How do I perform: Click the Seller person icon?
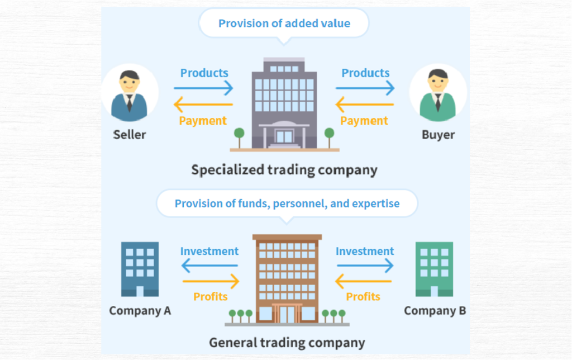tap(130, 94)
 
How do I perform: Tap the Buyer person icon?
tap(438, 94)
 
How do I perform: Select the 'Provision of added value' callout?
tap(284, 23)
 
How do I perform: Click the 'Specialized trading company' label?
tap(284, 169)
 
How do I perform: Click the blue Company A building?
tap(140, 269)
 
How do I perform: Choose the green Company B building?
tap(434, 269)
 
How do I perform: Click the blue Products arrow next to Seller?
tap(203, 88)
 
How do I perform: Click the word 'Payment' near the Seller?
tap(203, 120)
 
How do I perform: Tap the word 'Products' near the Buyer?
tap(365, 73)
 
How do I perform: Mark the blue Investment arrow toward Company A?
tap(209, 266)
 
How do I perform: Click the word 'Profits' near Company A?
tap(211, 296)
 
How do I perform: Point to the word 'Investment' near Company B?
tap(365, 252)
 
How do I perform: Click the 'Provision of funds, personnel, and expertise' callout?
tap(287, 203)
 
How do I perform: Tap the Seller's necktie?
tap(130, 103)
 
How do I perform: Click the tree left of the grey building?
tap(239, 135)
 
